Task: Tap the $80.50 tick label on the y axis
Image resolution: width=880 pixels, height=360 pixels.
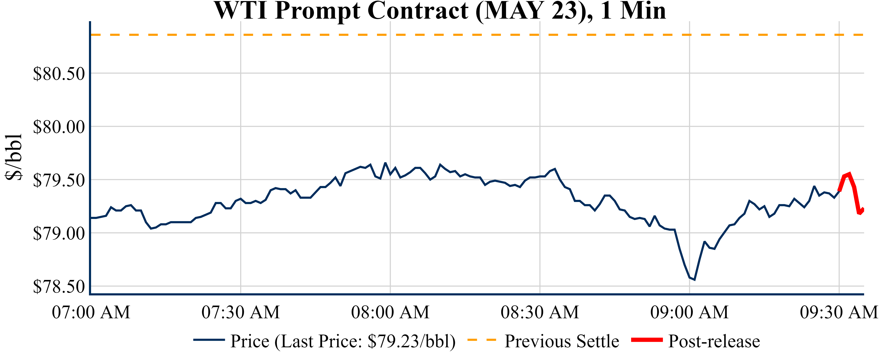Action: pos(59,73)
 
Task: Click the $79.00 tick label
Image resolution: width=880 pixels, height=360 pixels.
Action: pos(59,234)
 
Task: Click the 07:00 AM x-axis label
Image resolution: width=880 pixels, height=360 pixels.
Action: pos(91,312)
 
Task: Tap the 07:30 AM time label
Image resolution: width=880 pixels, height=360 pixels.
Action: pos(241,312)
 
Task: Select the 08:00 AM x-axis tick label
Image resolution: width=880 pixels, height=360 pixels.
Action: pos(390,312)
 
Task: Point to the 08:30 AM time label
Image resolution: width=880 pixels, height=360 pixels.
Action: pos(540,312)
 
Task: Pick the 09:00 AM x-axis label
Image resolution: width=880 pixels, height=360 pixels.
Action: pos(689,312)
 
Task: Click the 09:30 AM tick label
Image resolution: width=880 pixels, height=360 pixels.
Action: pos(839,312)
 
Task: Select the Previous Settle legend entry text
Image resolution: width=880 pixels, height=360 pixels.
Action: pos(562,341)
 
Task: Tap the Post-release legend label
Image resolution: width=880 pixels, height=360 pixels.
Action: pos(714,341)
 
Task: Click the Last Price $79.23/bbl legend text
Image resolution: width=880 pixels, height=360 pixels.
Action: pos(343,341)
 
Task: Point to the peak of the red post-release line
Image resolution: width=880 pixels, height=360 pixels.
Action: pos(849,173)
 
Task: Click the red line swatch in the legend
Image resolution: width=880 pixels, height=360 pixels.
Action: pos(647,340)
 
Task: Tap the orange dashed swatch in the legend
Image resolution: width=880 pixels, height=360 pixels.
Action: pos(482,340)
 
